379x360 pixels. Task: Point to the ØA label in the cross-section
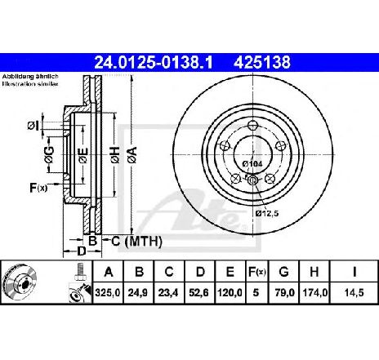[x=132, y=152]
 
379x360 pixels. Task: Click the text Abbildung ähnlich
[x=25, y=76]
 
